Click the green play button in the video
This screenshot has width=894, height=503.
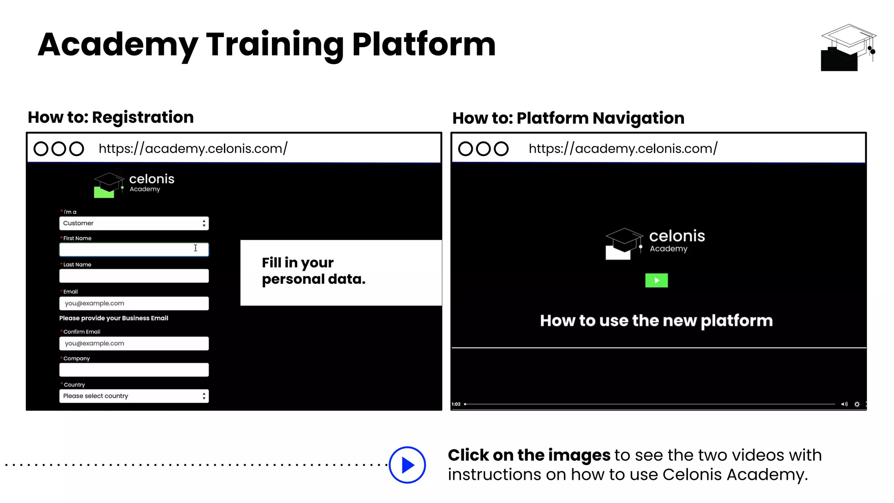click(x=656, y=280)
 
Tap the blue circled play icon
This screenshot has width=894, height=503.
click(x=407, y=465)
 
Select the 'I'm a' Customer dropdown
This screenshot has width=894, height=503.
click(x=134, y=223)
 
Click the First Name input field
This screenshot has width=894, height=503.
click(x=134, y=249)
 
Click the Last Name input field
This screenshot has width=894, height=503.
click(x=134, y=276)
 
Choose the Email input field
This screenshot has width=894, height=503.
click(x=134, y=303)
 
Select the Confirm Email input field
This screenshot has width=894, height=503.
click(x=134, y=344)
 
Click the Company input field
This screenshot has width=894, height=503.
click(x=134, y=370)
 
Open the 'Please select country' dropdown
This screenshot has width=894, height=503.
click(x=134, y=396)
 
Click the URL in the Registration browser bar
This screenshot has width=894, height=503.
click(x=193, y=148)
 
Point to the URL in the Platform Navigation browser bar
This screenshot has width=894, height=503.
click(x=623, y=148)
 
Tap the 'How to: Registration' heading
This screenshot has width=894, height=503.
click(x=110, y=117)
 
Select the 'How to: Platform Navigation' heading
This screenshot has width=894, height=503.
click(x=568, y=118)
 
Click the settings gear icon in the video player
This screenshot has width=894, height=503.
click(x=857, y=404)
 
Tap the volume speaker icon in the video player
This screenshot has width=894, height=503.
click(x=844, y=404)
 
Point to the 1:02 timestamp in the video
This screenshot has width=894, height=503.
click(x=456, y=404)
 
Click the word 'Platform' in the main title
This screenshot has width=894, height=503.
click(x=423, y=45)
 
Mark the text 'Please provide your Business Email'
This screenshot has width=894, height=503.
click(x=113, y=318)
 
